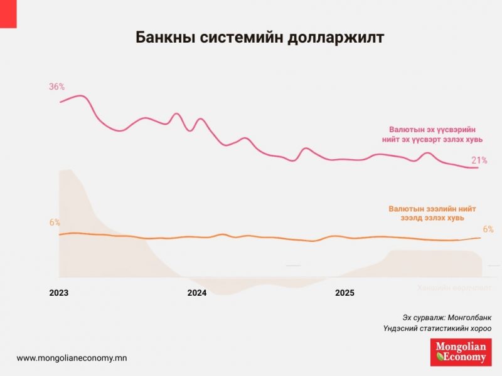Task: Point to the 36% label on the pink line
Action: point(57,86)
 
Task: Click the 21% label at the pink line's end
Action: point(479,160)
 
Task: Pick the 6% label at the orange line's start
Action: point(55,222)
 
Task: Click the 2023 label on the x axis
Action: point(58,293)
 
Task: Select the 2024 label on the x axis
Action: point(197,293)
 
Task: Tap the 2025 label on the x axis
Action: point(344,293)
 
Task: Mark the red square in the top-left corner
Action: point(8,13)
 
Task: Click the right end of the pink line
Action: point(478,167)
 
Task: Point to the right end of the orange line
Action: point(481,238)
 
